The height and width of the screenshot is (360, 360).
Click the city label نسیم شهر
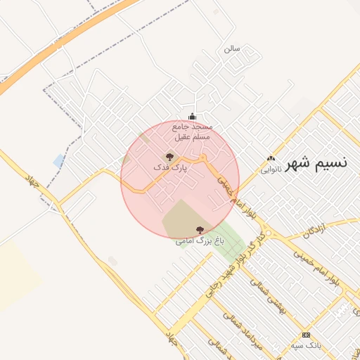(319, 163)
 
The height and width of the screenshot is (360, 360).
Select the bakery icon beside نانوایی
(271, 158)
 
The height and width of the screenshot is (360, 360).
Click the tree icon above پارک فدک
(169, 157)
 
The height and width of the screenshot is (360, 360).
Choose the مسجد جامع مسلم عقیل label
(193, 131)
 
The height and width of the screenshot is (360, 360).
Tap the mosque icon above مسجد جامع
(193, 117)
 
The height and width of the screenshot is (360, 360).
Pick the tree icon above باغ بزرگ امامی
(200, 230)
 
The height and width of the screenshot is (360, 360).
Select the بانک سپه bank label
(306, 346)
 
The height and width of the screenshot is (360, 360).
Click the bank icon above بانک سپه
(306, 335)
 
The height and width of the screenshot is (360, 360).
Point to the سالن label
(232, 49)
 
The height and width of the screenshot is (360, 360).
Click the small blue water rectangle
(59, 161)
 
